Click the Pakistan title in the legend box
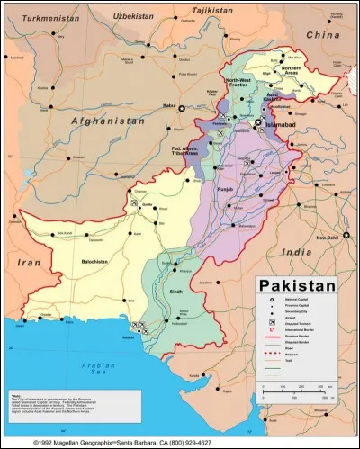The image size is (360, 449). (298, 285)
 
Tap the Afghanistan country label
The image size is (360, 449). (103, 121)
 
